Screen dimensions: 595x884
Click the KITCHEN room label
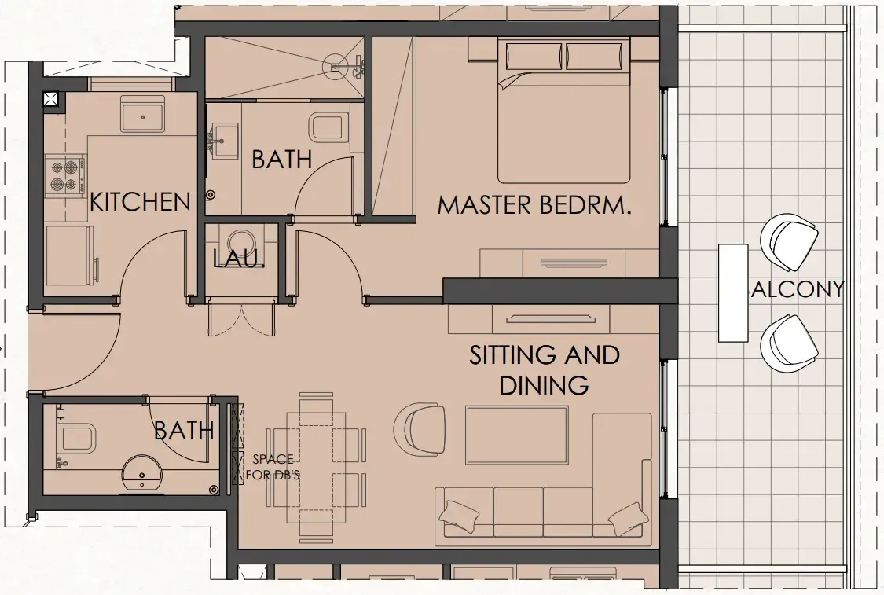pyautogui.click(x=140, y=202)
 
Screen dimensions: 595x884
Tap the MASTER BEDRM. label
pyautogui.click(x=535, y=206)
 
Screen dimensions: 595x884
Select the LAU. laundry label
pyautogui.click(x=239, y=258)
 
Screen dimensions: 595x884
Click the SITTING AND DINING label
pyautogui.click(x=545, y=369)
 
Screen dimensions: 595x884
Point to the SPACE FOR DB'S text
pyautogui.click(x=273, y=467)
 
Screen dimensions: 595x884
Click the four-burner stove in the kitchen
pyautogui.click(x=65, y=175)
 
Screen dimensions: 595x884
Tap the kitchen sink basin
pyautogui.click(x=142, y=116)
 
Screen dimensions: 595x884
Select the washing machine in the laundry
pyautogui.click(x=241, y=239)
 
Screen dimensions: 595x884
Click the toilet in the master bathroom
pyautogui.click(x=329, y=127)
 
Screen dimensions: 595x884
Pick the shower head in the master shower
pyautogui.click(x=336, y=67)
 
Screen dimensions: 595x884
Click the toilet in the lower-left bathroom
pyautogui.click(x=75, y=438)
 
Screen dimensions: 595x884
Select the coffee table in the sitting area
pyautogui.click(x=516, y=435)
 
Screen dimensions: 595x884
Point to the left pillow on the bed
pyautogui.click(x=534, y=57)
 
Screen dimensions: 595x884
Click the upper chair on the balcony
pyautogui.click(x=789, y=241)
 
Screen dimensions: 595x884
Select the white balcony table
pyautogui.click(x=732, y=292)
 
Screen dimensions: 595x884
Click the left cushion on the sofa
pyautogui.click(x=459, y=515)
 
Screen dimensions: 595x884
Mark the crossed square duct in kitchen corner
pyautogui.click(x=51, y=99)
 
